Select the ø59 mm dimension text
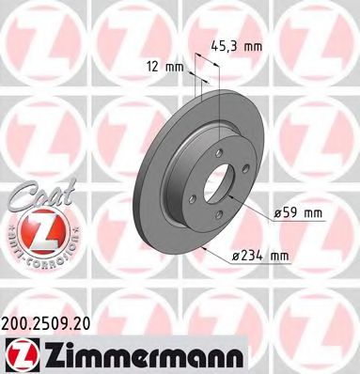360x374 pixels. point(298,213)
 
